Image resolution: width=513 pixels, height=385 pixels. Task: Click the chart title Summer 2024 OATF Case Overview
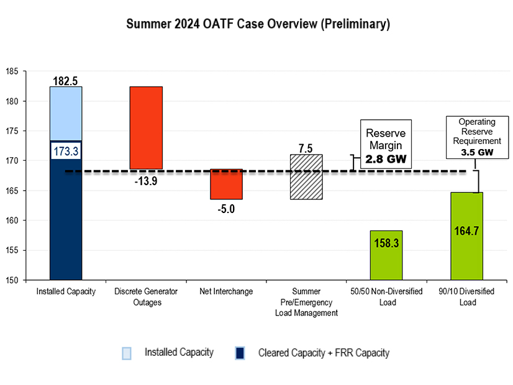[x=258, y=25]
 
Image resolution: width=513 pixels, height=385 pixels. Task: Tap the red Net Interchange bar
[x=226, y=184]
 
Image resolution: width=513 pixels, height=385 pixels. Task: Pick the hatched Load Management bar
[x=306, y=177]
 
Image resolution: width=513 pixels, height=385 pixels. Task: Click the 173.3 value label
[x=66, y=150]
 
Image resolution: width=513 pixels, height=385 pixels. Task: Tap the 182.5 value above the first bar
[x=66, y=80]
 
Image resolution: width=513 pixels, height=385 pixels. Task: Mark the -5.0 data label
[x=226, y=209]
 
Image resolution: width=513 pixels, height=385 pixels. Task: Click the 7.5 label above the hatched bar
[x=306, y=148]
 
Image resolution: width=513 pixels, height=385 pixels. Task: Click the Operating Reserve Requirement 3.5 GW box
[x=477, y=137]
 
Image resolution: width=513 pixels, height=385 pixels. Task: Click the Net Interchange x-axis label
[x=226, y=292]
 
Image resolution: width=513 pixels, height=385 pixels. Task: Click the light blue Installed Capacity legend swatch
[x=127, y=353]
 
